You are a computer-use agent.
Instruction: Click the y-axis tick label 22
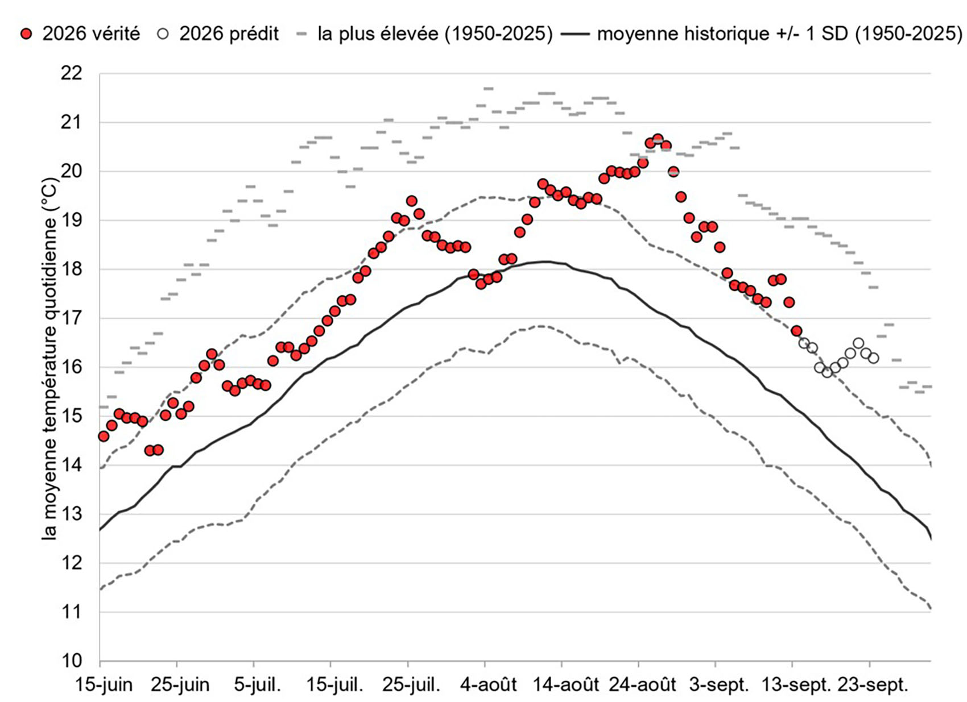click(x=71, y=74)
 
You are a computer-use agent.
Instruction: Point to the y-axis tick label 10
click(x=71, y=661)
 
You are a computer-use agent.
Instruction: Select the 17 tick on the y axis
click(x=71, y=318)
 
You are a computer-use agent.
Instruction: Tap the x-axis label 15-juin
click(x=104, y=685)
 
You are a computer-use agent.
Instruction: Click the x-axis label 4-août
click(x=489, y=685)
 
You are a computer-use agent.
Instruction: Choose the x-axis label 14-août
click(x=565, y=685)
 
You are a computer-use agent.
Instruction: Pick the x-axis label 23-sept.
click(x=873, y=685)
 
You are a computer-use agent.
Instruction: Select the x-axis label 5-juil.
click(x=257, y=685)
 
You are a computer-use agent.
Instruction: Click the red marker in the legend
click(x=28, y=34)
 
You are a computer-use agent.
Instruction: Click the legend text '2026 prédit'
click(x=229, y=34)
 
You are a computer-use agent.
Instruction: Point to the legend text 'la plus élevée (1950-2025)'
click(x=435, y=34)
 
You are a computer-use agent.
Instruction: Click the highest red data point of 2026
click(x=658, y=139)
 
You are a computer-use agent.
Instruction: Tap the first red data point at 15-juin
click(x=104, y=436)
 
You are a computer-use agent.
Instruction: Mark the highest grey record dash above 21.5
click(x=488, y=89)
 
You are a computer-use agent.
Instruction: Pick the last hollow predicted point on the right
click(x=873, y=358)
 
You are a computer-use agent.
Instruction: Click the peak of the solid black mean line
click(x=546, y=261)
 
